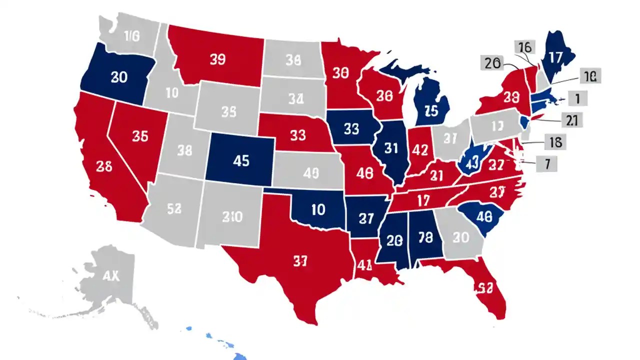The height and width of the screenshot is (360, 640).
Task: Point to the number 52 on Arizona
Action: tap(173, 209)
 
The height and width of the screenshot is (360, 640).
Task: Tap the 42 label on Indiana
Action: tap(420, 149)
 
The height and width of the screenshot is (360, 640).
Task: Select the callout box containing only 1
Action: tap(577, 98)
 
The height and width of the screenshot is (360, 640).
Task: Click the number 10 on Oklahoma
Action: tap(318, 209)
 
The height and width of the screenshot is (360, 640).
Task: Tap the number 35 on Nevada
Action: tap(140, 135)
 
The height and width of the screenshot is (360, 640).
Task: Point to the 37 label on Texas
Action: tap(300, 261)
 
